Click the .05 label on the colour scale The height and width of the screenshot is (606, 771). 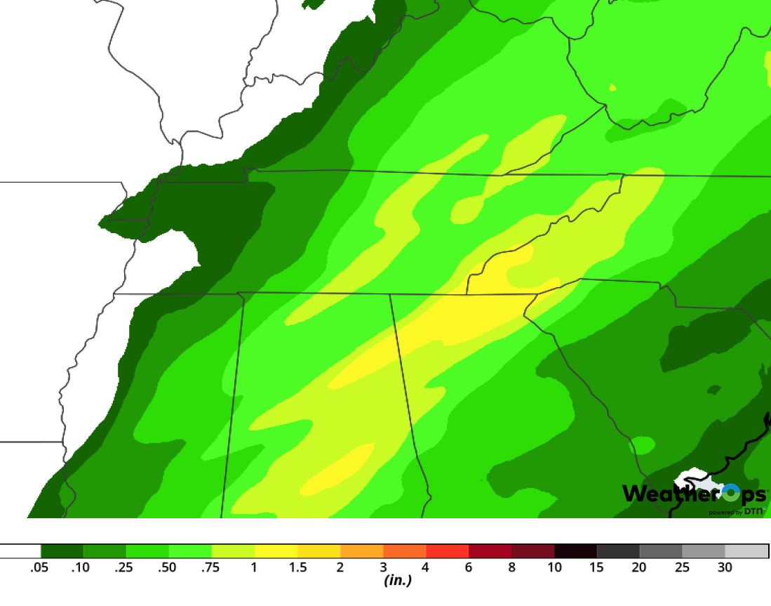coord(39,567)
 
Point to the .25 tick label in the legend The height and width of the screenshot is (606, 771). coord(124,567)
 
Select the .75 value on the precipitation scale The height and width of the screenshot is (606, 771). coord(210,567)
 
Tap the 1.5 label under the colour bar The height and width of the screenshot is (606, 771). coord(297,567)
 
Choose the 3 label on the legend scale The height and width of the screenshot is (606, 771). coord(383,567)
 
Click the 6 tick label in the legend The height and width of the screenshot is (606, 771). coord(469,567)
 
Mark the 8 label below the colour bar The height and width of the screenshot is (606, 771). coord(511,567)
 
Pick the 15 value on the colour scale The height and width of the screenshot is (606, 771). coord(596,567)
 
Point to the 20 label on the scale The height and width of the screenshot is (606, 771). coord(639,567)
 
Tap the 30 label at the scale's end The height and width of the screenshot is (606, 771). coord(725,567)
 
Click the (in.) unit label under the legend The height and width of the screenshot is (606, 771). coord(397,581)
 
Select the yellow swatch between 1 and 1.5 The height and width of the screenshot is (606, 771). coord(276,551)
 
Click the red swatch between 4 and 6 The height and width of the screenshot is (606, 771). coord(447,551)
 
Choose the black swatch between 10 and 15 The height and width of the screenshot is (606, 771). coord(575,551)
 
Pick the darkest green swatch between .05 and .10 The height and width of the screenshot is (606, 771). coord(62,551)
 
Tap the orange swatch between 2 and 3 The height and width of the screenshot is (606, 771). coord(361,551)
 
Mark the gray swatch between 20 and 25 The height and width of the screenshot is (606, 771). coord(661,551)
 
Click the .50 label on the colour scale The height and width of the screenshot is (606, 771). coord(167,567)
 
